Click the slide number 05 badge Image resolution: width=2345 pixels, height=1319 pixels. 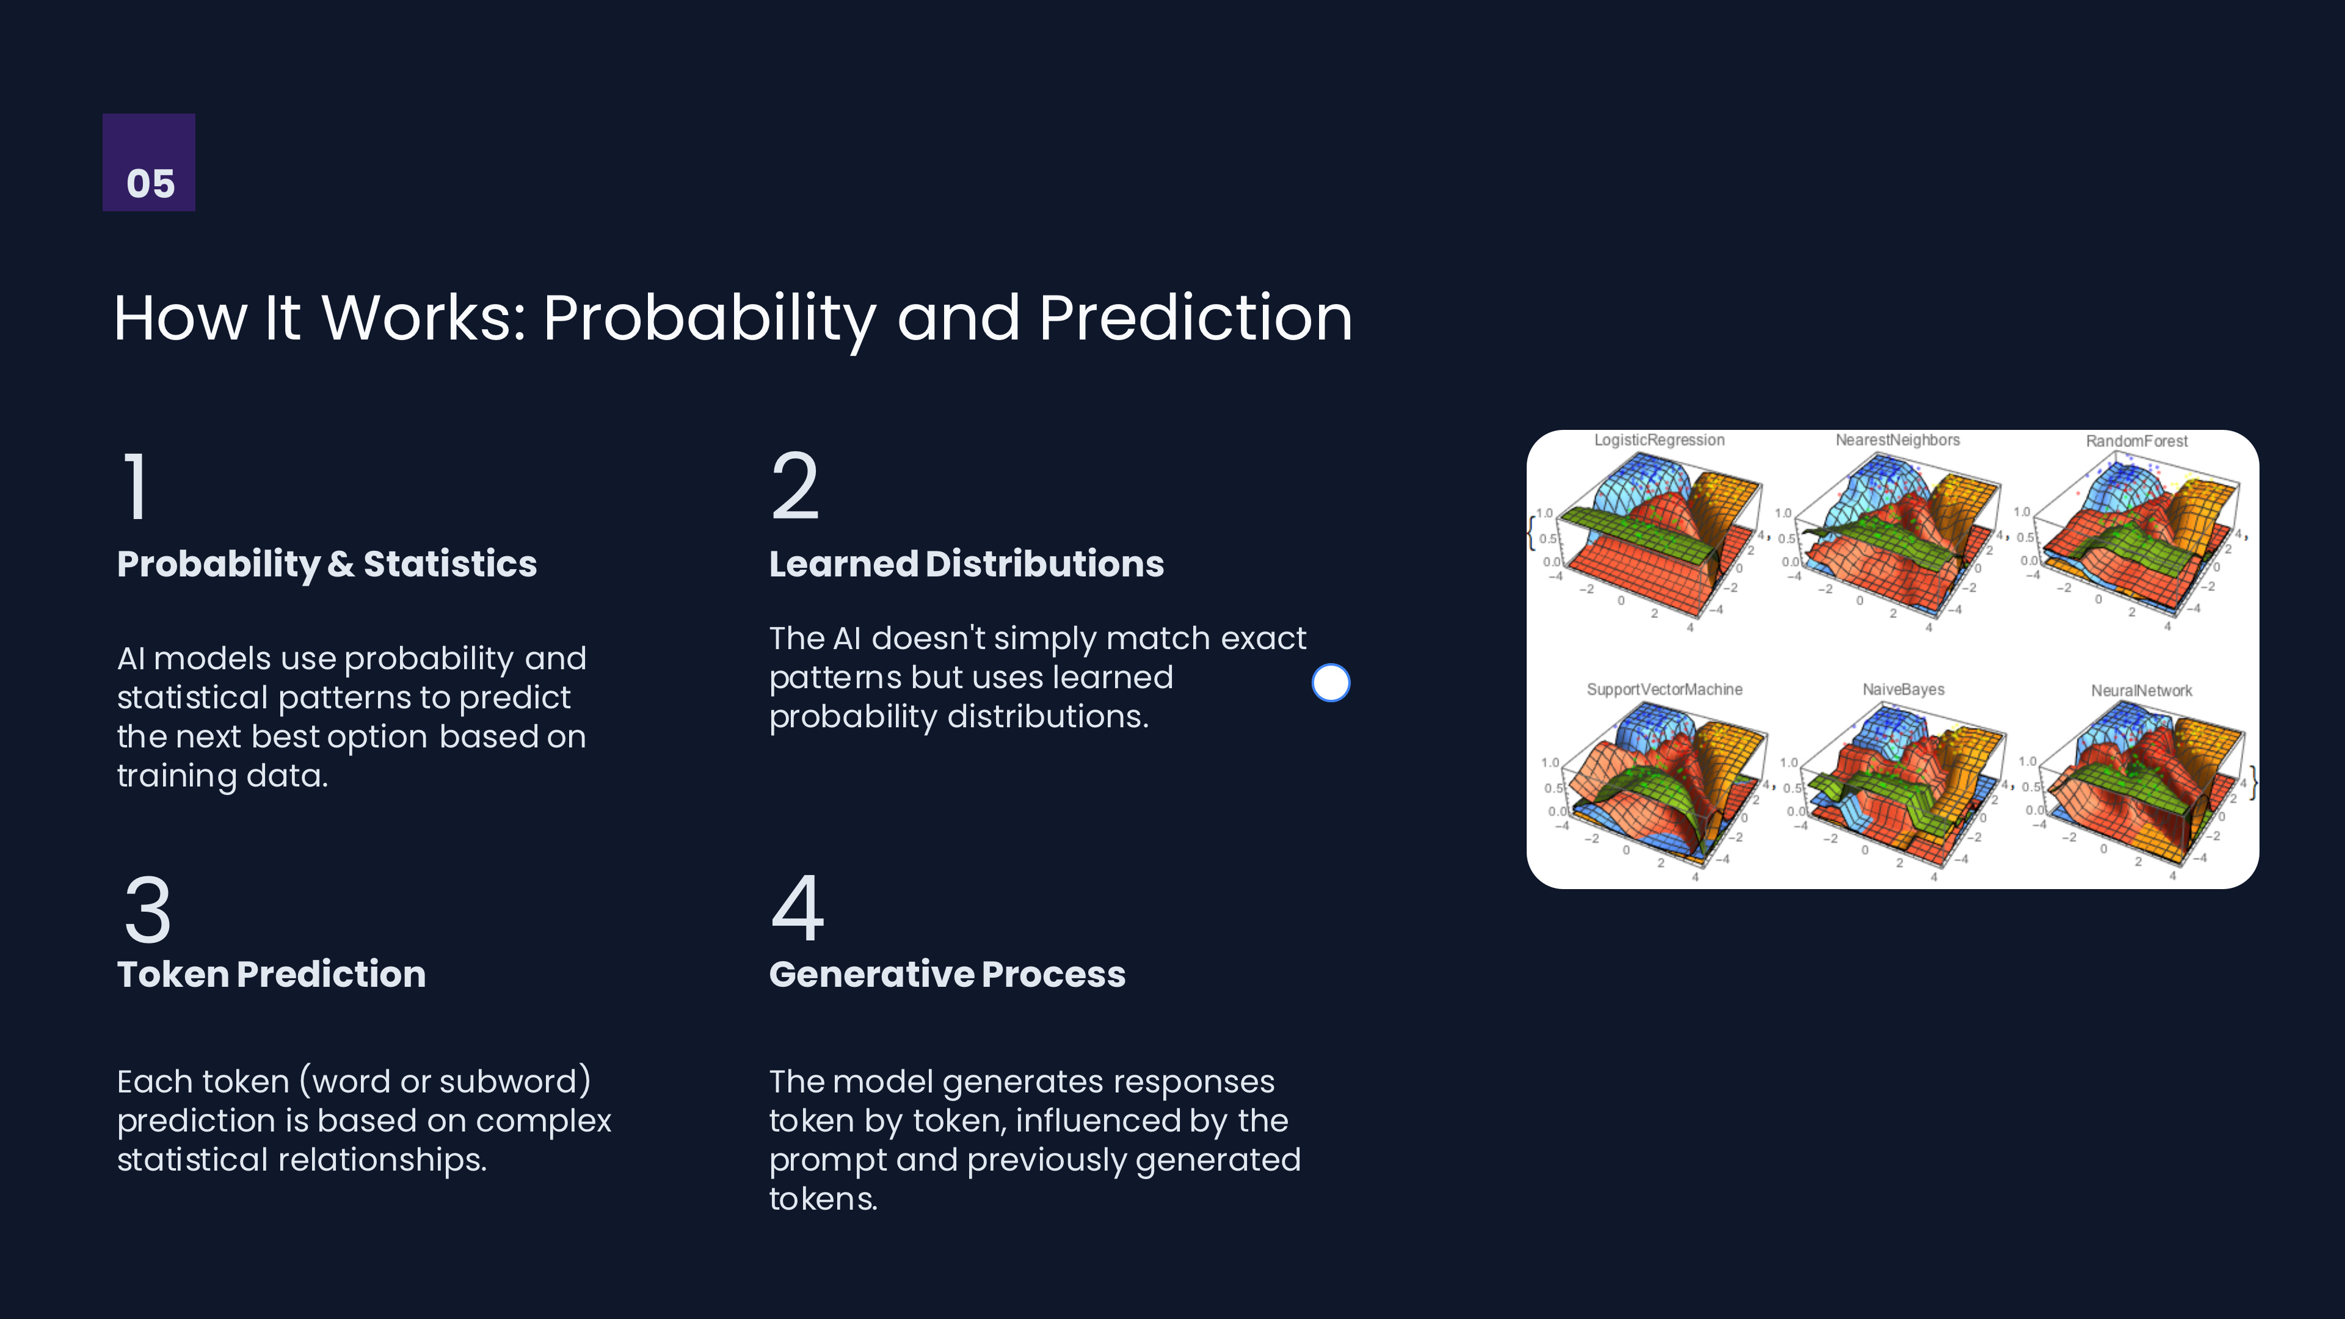click(148, 162)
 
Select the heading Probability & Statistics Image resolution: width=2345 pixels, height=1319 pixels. click(327, 564)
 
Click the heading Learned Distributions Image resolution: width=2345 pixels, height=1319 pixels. click(966, 564)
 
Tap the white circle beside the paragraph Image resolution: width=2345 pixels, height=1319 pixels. click(1330, 683)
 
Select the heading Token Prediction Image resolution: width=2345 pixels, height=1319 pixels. click(271, 974)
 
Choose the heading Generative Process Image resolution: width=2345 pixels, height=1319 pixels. click(947, 974)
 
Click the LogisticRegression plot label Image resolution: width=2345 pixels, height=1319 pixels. click(1659, 440)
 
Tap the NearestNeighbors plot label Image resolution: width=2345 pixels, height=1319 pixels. click(1897, 440)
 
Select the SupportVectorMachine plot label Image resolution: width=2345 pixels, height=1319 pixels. click(1664, 690)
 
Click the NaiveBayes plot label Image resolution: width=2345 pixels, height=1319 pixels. click(1903, 690)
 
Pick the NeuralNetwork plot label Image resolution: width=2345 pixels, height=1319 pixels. click(2141, 691)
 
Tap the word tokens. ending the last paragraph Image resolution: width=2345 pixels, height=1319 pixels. click(823, 1199)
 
